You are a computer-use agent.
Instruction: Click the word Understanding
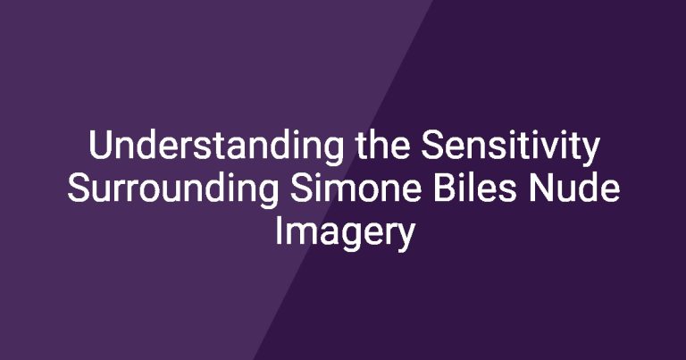point(216,147)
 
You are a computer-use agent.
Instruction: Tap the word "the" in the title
point(383,145)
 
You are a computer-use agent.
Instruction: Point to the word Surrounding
point(172,188)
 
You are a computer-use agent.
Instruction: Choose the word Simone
point(356,188)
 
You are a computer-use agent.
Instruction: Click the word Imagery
point(344,233)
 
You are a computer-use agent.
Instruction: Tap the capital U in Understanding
point(100,146)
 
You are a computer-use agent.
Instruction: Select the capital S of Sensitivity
point(432,146)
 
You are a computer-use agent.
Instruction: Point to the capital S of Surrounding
point(79,188)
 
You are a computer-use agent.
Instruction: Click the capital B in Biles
point(445,188)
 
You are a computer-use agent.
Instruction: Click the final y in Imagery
point(405,239)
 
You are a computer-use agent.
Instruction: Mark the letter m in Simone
point(335,191)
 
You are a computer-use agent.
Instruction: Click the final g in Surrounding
point(268,195)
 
